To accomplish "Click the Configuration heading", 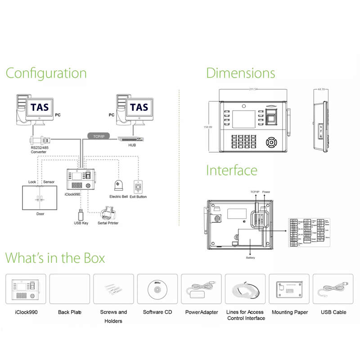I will pos(46,73).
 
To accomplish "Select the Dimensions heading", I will pos(240,73).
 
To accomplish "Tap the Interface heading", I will pos(232,171).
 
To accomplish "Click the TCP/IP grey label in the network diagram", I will pos(96,136).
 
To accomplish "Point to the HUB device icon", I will pos(132,139).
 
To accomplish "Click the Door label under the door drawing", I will pos(40,214).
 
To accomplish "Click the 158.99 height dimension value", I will pos(207,127).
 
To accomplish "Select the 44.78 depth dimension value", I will pos(321,89).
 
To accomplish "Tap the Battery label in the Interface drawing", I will pos(250,258).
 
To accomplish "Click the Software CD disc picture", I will pos(157,289).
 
